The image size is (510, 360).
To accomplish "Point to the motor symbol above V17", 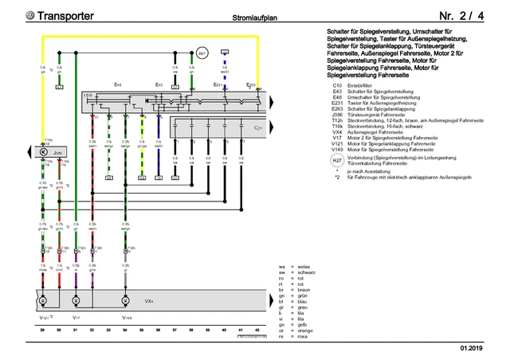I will (x=76, y=301).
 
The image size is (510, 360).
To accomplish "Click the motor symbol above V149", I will (x=124, y=301).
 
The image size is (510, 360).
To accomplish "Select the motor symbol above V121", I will (x=43, y=301).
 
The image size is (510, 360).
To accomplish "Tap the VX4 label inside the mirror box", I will (x=148, y=302).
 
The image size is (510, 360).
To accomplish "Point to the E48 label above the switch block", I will (x=118, y=84).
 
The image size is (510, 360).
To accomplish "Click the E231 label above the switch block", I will (x=218, y=84).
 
